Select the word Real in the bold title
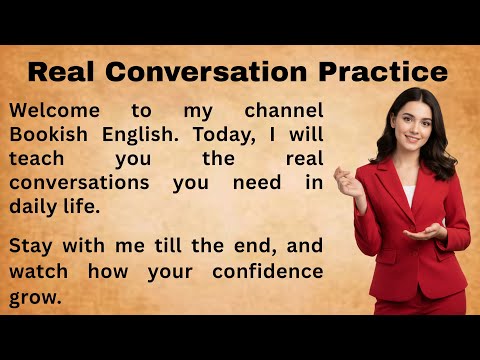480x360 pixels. pyautogui.click(x=64, y=73)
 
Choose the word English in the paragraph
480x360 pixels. pyautogui.click(x=146, y=135)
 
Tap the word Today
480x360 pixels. pyautogui.click(x=237, y=135)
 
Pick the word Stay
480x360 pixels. pyautogui.click(x=34, y=247)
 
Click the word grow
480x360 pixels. pyautogui.click(x=36, y=297)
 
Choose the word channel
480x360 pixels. pyautogui.click(x=280, y=110)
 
